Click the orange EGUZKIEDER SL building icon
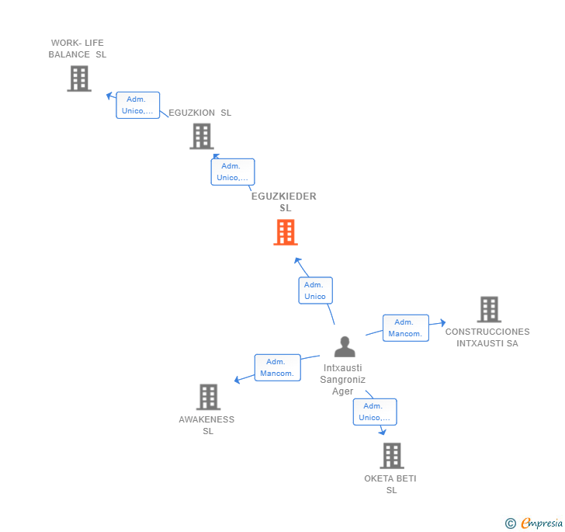click(x=286, y=232)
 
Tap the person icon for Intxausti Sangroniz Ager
click(x=345, y=346)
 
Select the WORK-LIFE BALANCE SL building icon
click(x=78, y=78)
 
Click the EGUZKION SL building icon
click(x=202, y=136)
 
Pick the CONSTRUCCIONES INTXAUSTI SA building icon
click(x=488, y=309)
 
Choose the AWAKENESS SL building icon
click(x=208, y=397)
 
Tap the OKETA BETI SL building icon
click(x=392, y=455)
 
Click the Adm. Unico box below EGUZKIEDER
click(x=315, y=290)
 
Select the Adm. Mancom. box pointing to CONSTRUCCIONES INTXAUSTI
click(x=405, y=328)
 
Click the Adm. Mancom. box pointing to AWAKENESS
click(x=277, y=367)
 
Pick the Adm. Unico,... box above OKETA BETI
click(x=374, y=412)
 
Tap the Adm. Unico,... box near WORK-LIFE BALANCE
click(x=137, y=105)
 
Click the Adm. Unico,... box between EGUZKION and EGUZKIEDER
click(x=232, y=172)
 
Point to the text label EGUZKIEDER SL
click(x=284, y=202)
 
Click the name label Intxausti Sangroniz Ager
click(x=343, y=379)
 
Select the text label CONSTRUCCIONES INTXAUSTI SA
click(x=487, y=337)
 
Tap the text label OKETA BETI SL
click(x=390, y=484)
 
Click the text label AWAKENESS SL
click(x=206, y=425)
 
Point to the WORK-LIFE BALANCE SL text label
click(x=78, y=49)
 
